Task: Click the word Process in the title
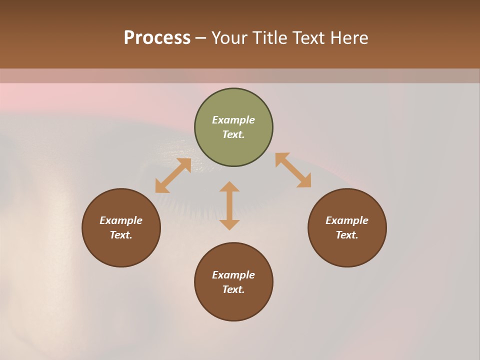coord(157,38)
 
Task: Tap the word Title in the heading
coord(268,38)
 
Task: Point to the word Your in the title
coord(230,38)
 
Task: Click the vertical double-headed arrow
coord(229,205)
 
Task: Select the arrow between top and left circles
coord(173,175)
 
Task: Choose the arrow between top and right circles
coord(293,170)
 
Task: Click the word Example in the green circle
coord(233,120)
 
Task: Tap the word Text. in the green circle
coord(233,134)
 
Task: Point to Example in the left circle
coord(121,220)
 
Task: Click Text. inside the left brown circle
coord(121,235)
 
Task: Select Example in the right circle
coord(347,220)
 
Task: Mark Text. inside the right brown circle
coord(347,235)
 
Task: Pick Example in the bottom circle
coord(233,275)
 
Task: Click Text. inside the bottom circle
coord(233,289)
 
